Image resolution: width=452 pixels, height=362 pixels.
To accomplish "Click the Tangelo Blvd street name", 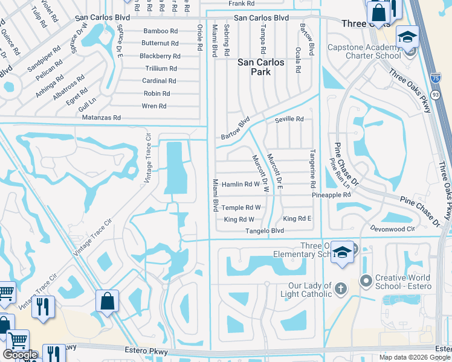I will (265, 231).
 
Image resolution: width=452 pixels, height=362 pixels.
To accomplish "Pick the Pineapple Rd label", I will (331, 195).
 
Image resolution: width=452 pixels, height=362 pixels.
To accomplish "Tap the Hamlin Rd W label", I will (241, 184).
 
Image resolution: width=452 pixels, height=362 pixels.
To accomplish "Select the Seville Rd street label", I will (289, 119).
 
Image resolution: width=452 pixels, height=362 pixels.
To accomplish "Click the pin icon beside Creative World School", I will (364, 280).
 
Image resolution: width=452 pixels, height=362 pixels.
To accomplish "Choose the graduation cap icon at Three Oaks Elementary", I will (342, 252).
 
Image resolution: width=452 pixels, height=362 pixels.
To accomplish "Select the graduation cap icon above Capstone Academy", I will (407, 37).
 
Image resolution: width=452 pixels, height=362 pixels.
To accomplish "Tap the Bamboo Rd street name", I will (160, 31).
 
